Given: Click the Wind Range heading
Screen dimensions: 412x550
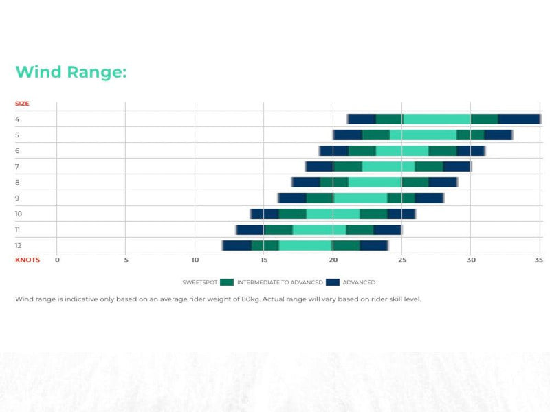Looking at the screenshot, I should [71, 72].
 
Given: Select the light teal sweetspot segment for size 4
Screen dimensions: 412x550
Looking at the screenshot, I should [437, 119].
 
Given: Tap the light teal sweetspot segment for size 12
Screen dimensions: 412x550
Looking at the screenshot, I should [305, 246].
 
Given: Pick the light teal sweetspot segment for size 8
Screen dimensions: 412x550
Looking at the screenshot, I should [375, 183].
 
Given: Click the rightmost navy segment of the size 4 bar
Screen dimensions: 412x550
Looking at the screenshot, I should [518, 119].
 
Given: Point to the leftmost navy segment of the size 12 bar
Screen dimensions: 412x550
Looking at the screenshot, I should [237, 246].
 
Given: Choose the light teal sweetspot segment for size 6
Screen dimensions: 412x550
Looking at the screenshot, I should [402, 151].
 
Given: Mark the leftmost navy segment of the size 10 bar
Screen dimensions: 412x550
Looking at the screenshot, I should [265, 214].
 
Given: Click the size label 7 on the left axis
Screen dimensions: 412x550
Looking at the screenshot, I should [17, 167].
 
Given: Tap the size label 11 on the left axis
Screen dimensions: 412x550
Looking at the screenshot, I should [18, 230].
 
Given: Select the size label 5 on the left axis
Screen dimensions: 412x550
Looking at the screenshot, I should [17, 135].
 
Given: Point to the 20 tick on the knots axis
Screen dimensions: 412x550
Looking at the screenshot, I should [333, 260].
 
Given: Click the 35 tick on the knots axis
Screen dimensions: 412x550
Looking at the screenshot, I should [539, 260].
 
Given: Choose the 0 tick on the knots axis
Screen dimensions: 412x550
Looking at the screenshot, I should [57, 260].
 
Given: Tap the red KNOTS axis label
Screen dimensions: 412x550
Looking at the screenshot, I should [27, 260].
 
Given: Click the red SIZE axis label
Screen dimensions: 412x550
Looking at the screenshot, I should [22, 104].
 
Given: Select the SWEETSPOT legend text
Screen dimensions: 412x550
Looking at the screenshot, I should [199, 282].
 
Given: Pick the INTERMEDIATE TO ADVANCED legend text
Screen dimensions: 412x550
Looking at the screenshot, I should [280, 282].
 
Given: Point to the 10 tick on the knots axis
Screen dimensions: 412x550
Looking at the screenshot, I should [195, 260].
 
